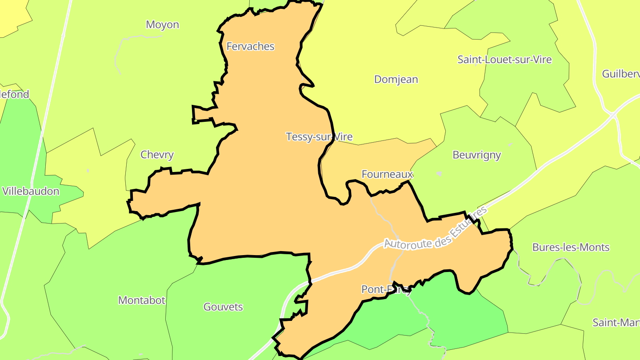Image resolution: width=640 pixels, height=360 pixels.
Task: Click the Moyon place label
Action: click(x=162, y=25)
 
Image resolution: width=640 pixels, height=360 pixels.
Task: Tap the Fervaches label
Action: click(x=250, y=46)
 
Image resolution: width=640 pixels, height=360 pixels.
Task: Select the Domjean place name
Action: click(x=396, y=80)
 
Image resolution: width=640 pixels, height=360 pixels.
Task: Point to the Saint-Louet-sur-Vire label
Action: click(x=504, y=60)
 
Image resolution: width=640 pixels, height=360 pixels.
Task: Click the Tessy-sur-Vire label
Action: click(x=319, y=136)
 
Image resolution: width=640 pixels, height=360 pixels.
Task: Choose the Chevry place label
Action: click(x=157, y=155)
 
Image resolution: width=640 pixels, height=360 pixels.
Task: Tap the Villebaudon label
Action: click(x=31, y=191)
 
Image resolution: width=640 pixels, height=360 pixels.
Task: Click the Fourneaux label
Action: click(x=387, y=174)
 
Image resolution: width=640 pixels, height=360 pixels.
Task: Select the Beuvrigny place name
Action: click(x=476, y=155)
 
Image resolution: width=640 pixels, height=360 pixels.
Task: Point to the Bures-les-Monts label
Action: click(x=571, y=247)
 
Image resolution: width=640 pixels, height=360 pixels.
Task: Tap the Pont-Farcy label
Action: click(x=386, y=290)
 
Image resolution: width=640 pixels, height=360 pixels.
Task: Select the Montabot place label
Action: click(x=142, y=300)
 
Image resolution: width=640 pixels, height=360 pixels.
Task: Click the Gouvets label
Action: click(x=223, y=307)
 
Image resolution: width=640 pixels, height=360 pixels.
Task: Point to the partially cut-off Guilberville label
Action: click(x=621, y=74)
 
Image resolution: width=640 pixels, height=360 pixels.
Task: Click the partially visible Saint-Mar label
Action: click(x=616, y=322)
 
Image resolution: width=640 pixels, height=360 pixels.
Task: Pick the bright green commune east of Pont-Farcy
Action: click(x=467, y=311)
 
